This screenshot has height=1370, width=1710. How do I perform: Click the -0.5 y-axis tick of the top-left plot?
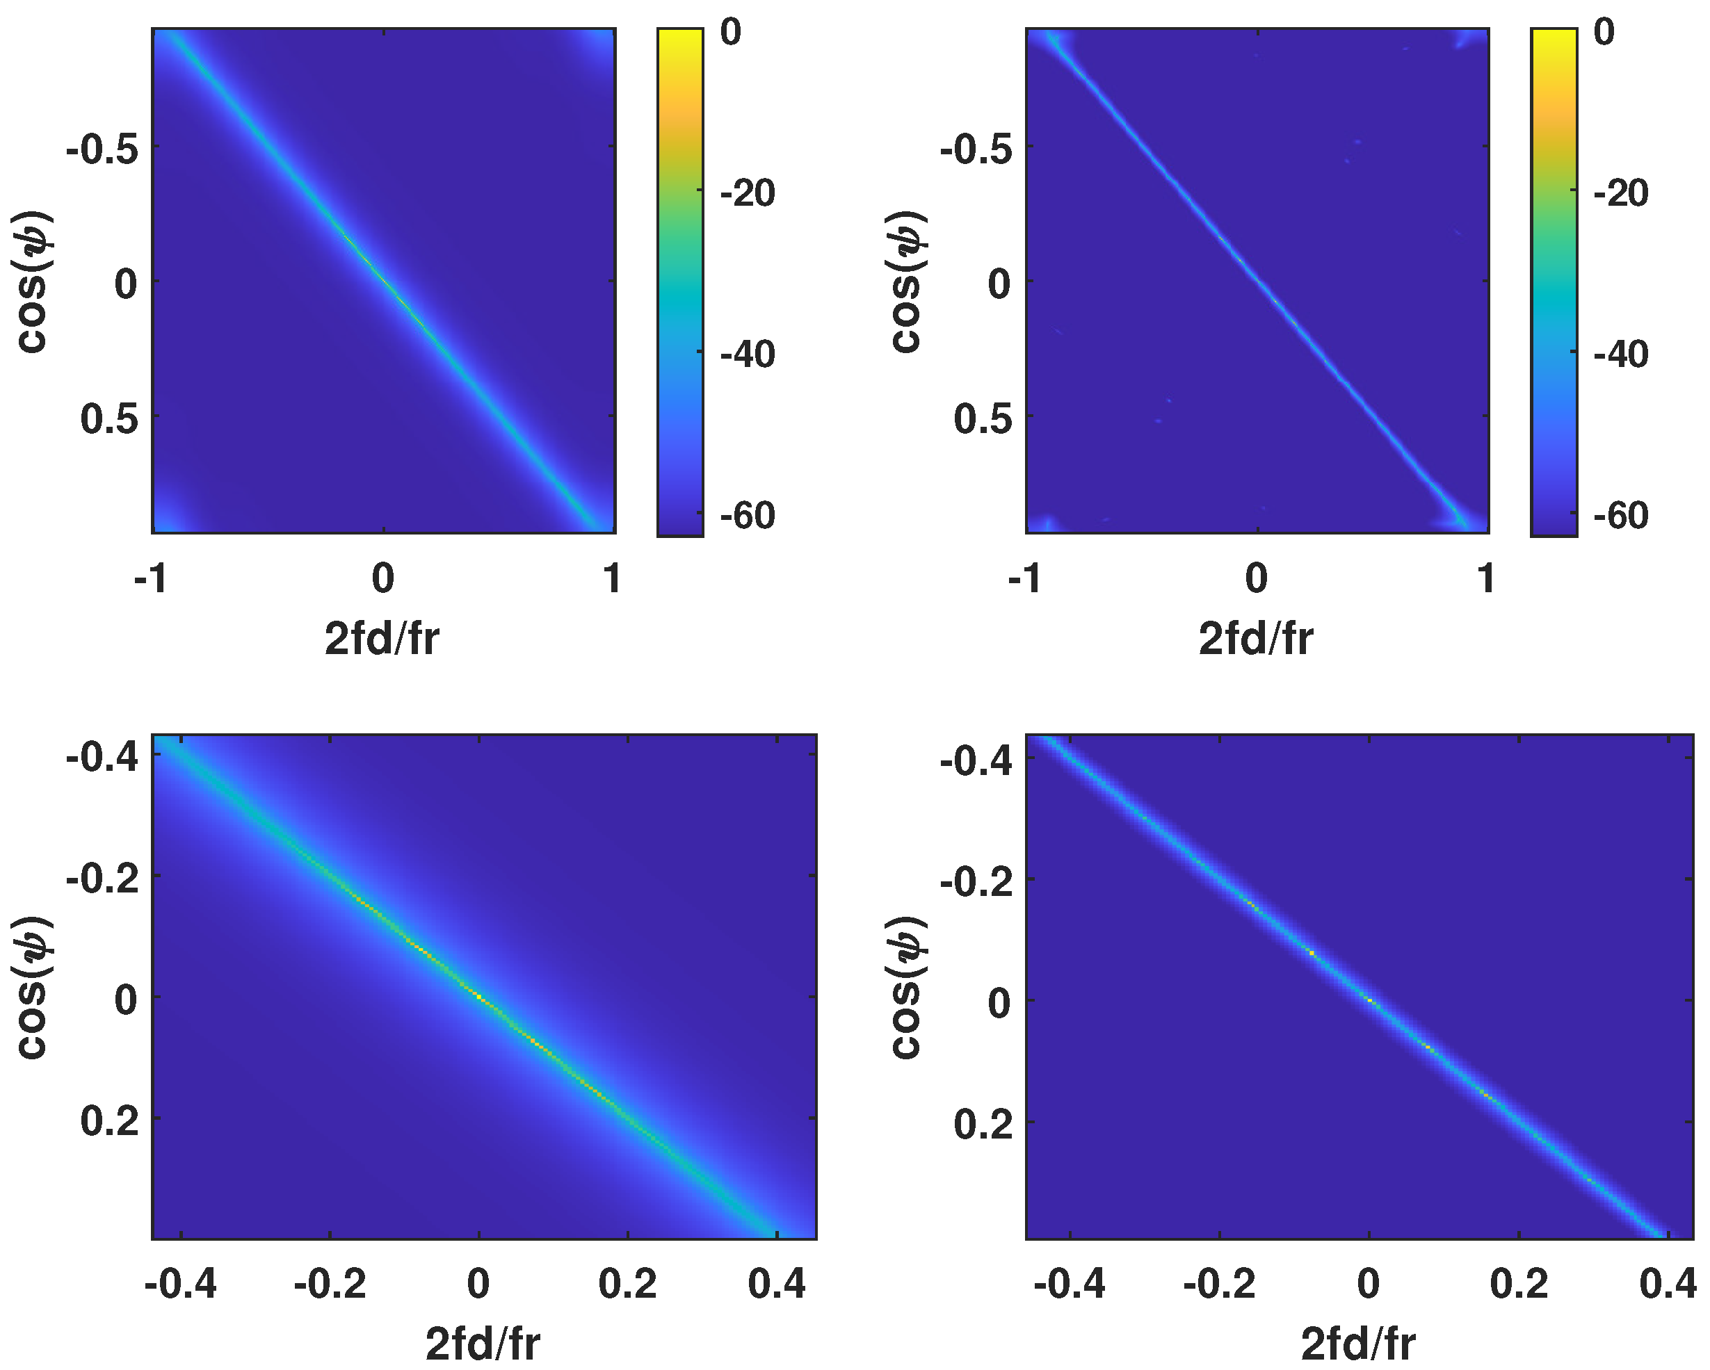coord(103,148)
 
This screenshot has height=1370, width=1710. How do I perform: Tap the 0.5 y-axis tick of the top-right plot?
coord(983,418)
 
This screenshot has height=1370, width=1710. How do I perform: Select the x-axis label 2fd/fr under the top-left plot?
coord(382,638)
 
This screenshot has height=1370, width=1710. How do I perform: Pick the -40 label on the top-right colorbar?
coord(1621,354)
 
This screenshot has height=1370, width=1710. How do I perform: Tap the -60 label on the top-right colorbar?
coord(1621,515)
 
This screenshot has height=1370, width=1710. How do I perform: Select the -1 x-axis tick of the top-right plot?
coord(1025,579)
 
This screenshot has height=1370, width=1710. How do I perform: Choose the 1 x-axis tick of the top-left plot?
coord(611,579)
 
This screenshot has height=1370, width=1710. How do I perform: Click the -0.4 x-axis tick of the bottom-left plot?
coord(181,1285)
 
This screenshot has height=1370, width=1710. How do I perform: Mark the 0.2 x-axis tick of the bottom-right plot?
coord(1519,1285)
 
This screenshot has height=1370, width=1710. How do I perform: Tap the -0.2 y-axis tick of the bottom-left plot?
coord(103,879)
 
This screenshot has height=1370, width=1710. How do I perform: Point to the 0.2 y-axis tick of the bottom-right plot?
coord(983,1124)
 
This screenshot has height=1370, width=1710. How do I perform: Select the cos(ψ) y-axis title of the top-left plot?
coord(33,282)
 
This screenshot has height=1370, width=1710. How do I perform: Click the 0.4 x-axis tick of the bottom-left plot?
coord(777,1285)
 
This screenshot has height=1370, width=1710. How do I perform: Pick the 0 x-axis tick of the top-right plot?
coord(1257,579)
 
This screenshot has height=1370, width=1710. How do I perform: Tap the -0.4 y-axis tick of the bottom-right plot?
coord(976,761)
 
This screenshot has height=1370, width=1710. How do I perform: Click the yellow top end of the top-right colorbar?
coord(1554,35)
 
